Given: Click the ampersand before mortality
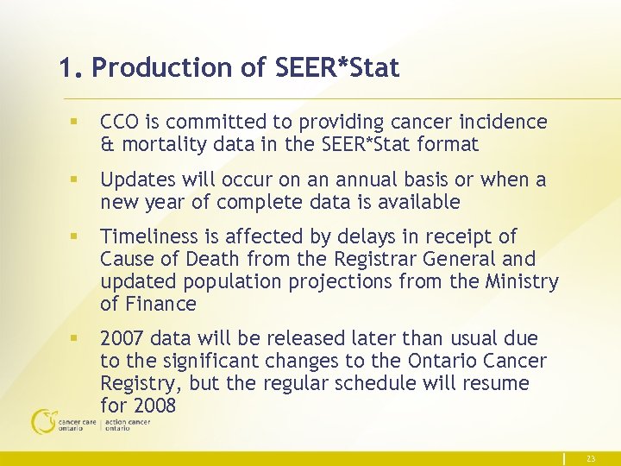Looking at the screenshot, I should coord(107,145).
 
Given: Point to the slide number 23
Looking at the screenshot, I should coord(591,459).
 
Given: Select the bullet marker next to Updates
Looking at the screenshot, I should coord(75,180).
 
